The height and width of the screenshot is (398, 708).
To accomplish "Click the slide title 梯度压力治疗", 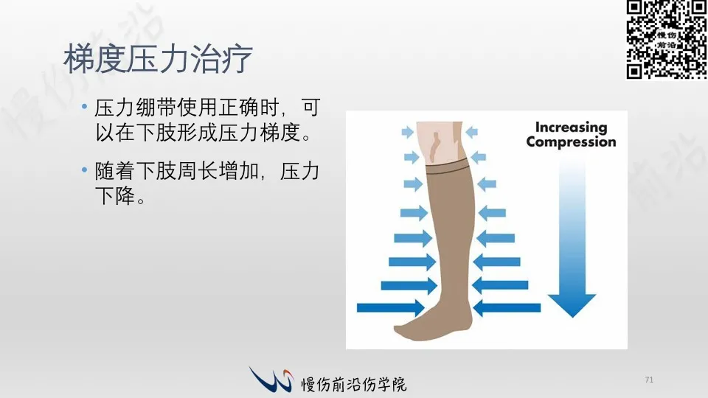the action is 158,59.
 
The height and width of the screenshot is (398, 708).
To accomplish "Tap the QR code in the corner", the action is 667,39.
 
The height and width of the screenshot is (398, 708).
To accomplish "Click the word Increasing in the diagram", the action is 571,128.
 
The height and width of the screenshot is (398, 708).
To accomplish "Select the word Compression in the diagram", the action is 571,142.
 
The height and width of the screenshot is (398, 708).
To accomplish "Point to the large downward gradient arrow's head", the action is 572,305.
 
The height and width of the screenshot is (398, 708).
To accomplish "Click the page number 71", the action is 649,380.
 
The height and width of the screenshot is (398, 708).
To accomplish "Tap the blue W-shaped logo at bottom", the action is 271,379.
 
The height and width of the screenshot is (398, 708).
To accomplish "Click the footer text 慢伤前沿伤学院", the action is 354,384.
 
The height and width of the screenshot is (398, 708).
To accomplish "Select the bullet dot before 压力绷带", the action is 84,107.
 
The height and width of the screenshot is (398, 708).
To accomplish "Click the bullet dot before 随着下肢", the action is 84,170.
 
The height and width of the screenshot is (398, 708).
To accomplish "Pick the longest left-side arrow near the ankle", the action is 391,308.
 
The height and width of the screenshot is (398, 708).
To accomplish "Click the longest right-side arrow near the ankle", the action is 507,308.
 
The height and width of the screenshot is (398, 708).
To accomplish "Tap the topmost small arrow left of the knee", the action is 408,132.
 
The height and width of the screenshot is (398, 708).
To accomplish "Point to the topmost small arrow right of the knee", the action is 471,132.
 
